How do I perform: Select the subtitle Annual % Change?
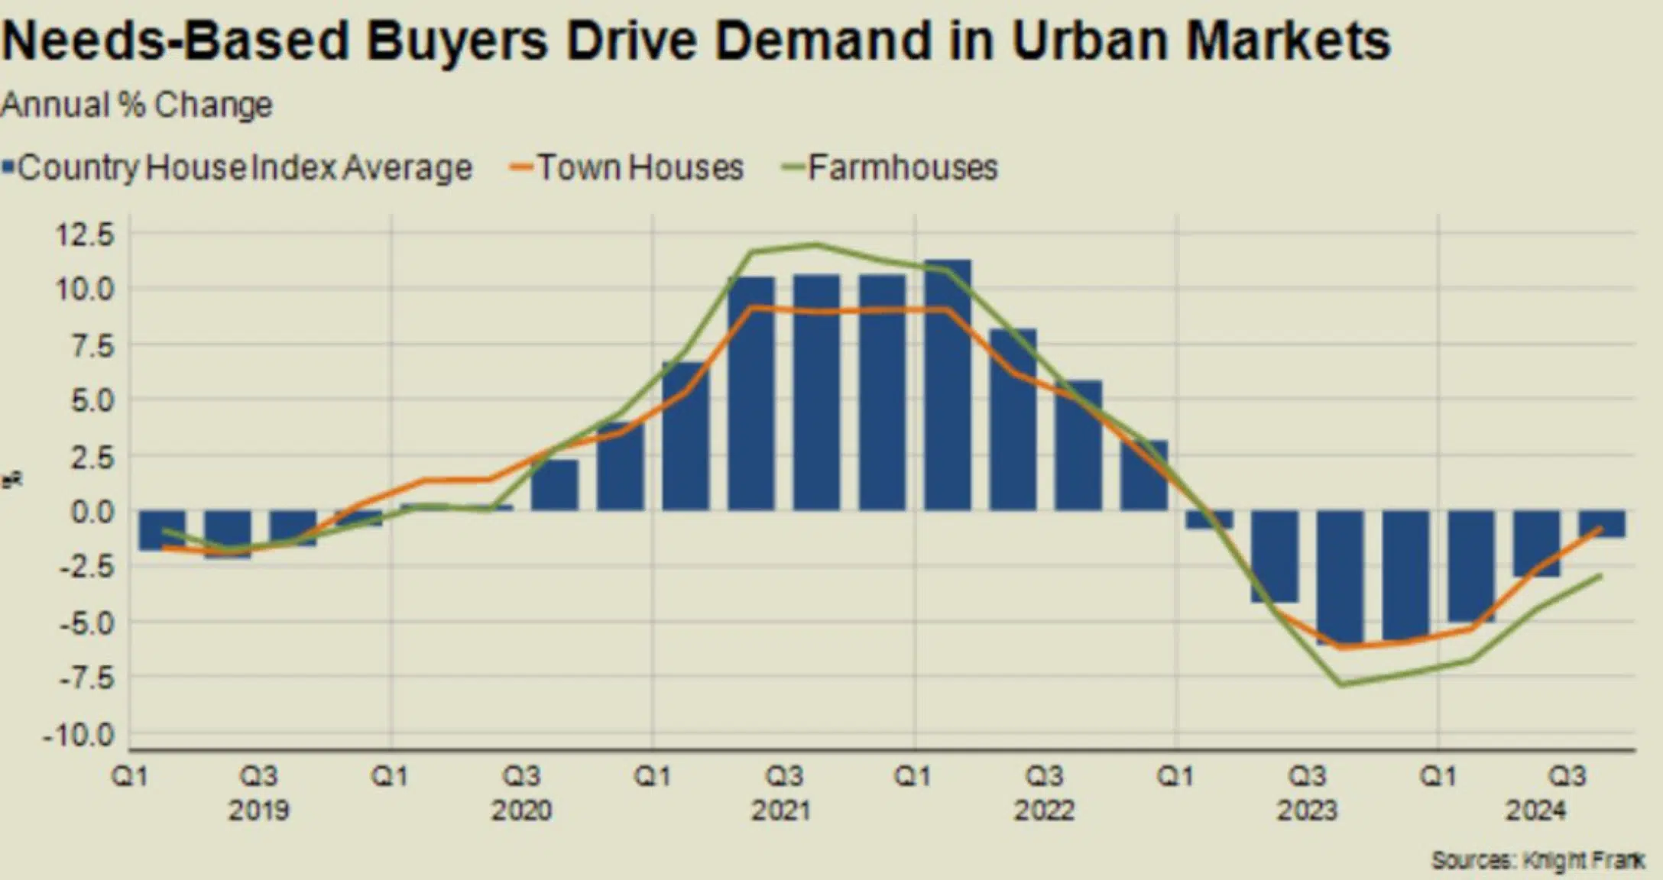[136, 105]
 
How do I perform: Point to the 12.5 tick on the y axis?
[84, 234]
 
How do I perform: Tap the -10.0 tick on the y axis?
[79, 736]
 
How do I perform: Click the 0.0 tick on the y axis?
[92, 512]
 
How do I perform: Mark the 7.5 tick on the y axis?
[92, 346]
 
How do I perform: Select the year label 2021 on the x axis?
[781, 810]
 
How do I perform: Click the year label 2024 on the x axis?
[1535, 810]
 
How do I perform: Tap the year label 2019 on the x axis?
[258, 810]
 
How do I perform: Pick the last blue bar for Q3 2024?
[1602, 524]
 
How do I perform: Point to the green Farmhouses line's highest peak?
[815, 245]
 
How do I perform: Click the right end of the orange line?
[1600, 528]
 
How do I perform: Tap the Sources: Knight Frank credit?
[1537, 860]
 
